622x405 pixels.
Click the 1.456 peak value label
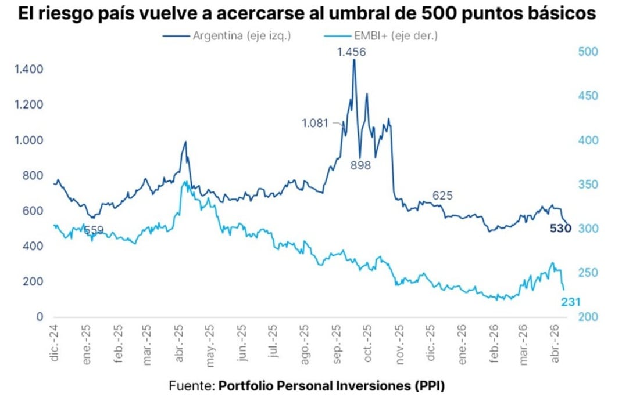pos(352,52)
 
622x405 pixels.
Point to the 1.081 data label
pos(315,123)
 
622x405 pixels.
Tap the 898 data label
pos(360,165)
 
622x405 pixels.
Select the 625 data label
pos(442,196)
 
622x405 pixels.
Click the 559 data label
pos(94,230)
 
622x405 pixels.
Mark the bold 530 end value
pos(561,229)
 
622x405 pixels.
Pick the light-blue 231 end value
pos(570,301)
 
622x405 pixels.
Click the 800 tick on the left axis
pos(33,176)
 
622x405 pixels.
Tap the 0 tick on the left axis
pos(40,317)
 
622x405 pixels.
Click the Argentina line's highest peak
pos(353,60)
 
